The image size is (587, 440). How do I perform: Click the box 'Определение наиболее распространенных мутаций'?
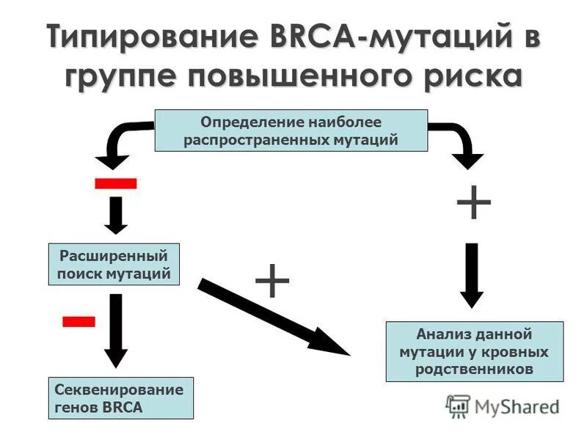(x=291, y=131)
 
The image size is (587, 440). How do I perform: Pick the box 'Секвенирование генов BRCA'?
(x=121, y=398)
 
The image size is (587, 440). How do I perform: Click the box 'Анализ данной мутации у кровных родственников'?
(x=474, y=351)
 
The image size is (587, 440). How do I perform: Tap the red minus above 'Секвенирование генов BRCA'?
(x=79, y=320)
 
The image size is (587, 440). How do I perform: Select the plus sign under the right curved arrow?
(x=473, y=202)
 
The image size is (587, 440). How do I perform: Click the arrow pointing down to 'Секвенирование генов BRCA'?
(x=116, y=330)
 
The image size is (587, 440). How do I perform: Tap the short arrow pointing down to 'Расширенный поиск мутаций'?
(x=116, y=214)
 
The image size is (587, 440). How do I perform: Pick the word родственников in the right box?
(x=474, y=370)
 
